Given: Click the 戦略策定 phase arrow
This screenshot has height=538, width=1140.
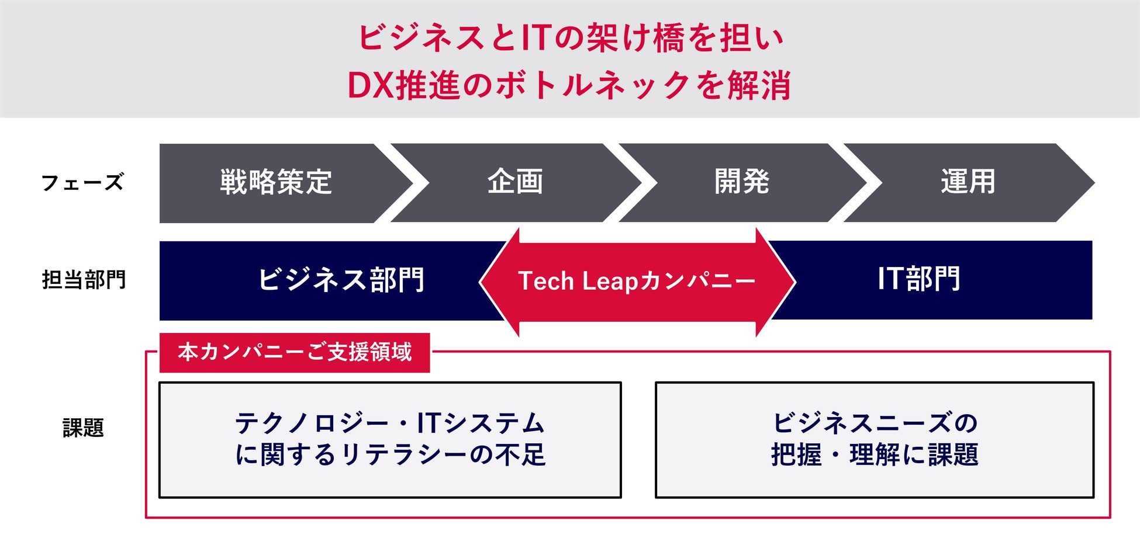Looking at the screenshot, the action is (x=276, y=182).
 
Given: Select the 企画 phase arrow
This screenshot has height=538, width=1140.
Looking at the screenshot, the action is (x=515, y=182).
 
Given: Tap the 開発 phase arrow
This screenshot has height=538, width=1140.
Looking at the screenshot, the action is (x=741, y=182).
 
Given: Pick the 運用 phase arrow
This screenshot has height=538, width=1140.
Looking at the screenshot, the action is (x=968, y=182).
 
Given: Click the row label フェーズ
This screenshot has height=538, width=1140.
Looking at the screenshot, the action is (x=82, y=182).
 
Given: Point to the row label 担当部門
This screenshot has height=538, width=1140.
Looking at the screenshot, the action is (x=84, y=280).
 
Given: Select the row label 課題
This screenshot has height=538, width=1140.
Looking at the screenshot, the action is (x=83, y=428).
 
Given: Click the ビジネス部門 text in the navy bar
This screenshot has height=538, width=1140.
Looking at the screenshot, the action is (x=341, y=280).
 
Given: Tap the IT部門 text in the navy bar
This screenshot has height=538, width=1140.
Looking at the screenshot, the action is (x=918, y=279).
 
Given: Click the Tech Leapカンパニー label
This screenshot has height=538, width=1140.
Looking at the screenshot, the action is (x=637, y=281).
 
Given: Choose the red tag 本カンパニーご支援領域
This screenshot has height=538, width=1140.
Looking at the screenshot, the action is (x=295, y=352).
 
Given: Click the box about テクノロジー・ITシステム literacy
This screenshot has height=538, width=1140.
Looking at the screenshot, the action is (x=390, y=439).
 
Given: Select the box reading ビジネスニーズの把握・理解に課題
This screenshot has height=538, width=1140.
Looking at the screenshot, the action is (x=874, y=439).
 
